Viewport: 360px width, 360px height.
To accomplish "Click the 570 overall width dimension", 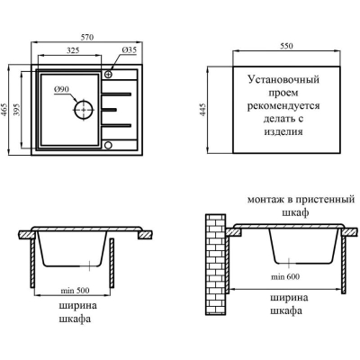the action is tap(87, 37).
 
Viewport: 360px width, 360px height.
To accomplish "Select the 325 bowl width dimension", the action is tap(73, 50).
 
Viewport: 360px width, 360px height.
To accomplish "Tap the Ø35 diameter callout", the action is tap(130, 50).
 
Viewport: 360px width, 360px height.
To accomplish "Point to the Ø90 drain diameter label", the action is tap(61, 89).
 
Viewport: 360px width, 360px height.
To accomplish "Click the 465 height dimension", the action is tap(5, 110).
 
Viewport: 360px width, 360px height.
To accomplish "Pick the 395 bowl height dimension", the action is tap(16, 110).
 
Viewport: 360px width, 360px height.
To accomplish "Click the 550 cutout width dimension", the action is tap(286, 46).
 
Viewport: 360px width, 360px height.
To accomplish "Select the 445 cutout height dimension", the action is tap(203, 110).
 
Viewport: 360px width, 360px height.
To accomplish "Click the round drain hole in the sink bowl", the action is tap(84, 110).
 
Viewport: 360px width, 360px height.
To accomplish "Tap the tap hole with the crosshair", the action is tap(109, 74).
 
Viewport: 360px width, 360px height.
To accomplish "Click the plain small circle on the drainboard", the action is tap(108, 146).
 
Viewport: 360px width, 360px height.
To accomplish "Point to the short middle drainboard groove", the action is tap(109, 110).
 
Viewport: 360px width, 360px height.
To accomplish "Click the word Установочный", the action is tap(283, 80).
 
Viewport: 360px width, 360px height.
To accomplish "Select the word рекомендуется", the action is tap(283, 106).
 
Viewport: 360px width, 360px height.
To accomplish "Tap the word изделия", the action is tap(283, 132).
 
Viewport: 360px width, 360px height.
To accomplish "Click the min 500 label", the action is tap(75, 291).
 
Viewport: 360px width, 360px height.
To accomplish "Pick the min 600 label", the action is tap(285, 276).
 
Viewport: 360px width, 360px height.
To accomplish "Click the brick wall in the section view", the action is tap(215, 264).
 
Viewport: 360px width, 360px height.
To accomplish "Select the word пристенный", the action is tap(325, 200).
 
